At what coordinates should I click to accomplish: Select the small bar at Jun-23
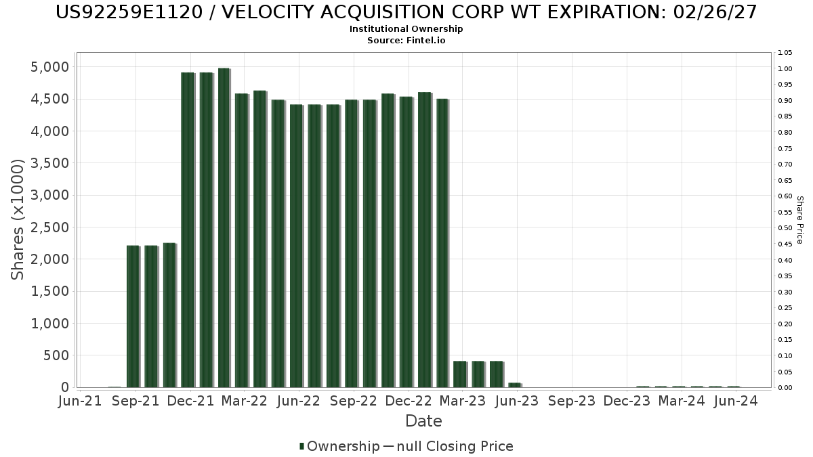pyautogui.click(x=515, y=385)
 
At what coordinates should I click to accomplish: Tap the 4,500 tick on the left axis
pyautogui.click(x=49, y=99)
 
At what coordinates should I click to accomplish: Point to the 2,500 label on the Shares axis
pyautogui.click(x=49, y=227)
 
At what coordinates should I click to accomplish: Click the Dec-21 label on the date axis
pyautogui.click(x=190, y=401)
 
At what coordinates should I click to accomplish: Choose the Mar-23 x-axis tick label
pyautogui.click(x=463, y=401)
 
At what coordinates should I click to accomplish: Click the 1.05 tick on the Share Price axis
pyautogui.click(x=785, y=53)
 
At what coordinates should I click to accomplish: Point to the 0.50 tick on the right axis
pyautogui.click(x=785, y=228)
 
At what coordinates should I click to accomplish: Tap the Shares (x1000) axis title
pyautogui.click(x=18, y=219)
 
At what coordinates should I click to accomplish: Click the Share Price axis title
pyautogui.click(x=800, y=220)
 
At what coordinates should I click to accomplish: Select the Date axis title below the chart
pyautogui.click(x=423, y=421)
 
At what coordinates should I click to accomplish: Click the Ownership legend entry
pyautogui.click(x=339, y=446)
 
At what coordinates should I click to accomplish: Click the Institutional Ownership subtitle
pyautogui.click(x=406, y=29)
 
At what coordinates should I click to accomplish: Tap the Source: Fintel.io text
pyautogui.click(x=406, y=41)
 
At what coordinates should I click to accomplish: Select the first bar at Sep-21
pyautogui.click(x=133, y=317)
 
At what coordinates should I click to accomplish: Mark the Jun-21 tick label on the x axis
pyautogui.click(x=81, y=401)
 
